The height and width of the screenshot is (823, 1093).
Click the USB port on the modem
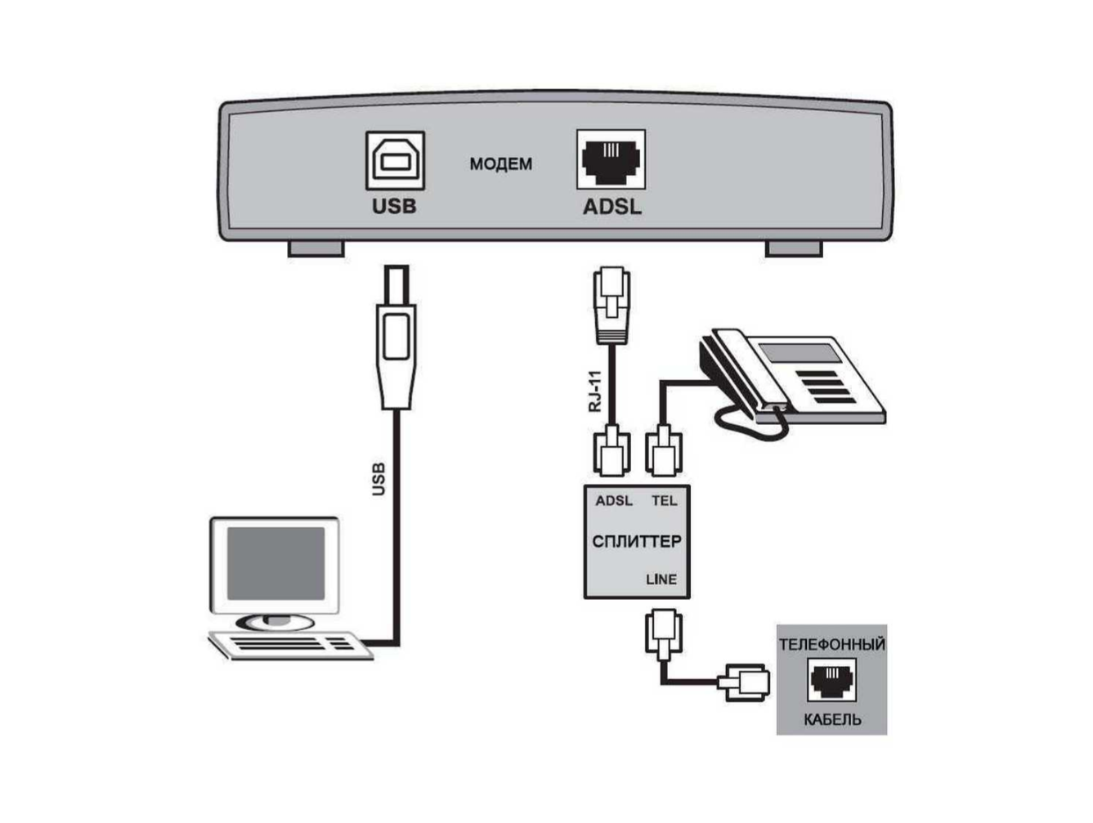point(394,160)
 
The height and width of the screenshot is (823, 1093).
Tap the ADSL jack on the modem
point(611,159)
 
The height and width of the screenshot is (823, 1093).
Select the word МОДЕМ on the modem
point(500,164)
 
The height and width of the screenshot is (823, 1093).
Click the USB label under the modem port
point(394,206)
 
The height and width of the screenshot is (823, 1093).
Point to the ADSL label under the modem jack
point(611,207)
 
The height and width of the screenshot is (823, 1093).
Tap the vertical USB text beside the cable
point(378,479)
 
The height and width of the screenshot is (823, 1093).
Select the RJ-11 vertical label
point(595,391)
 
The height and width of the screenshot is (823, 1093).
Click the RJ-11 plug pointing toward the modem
point(611,303)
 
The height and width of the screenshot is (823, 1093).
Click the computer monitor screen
point(275,563)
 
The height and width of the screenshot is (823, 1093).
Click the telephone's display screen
point(799,352)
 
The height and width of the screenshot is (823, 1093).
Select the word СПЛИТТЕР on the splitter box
point(636,541)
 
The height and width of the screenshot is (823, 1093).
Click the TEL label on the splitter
point(664,500)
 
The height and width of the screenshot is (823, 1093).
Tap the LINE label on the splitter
point(661,579)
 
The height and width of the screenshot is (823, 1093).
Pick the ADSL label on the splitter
point(613,500)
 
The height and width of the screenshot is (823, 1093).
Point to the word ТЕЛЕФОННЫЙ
point(831,644)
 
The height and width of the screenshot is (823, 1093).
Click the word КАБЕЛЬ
point(831,720)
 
